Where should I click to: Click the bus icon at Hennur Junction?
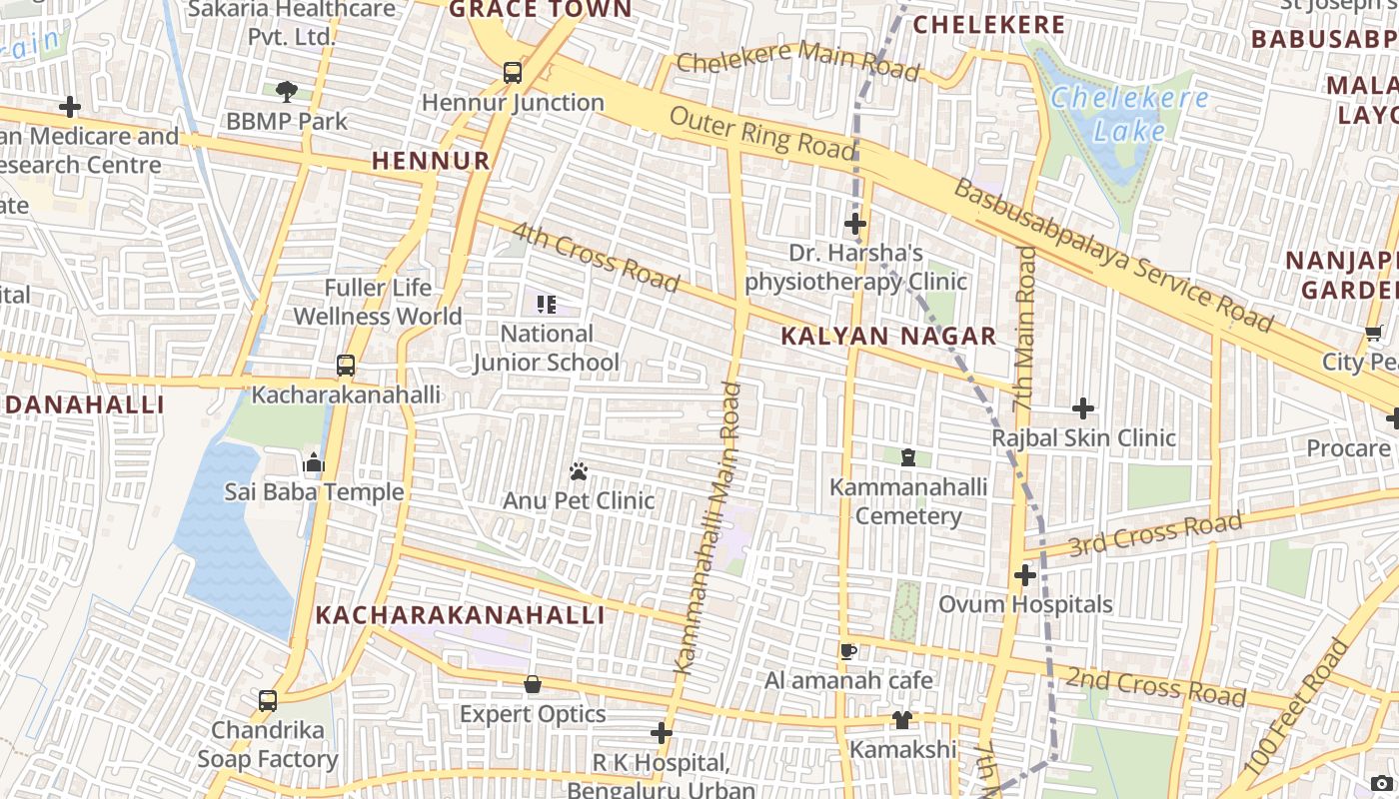[513, 72]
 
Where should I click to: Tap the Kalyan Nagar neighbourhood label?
[888, 337]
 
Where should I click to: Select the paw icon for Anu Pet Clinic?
[579, 470]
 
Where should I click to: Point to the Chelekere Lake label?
[1129, 114]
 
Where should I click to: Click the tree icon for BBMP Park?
[287, 92]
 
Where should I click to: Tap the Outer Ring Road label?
[762, 133]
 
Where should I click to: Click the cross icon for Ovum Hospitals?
[1025, 575]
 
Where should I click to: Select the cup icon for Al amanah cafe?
[848, 651]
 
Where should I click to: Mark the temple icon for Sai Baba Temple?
[314, 462]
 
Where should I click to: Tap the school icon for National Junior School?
[547, 304]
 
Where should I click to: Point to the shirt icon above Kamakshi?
[902, 720]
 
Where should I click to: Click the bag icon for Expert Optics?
[533, 684]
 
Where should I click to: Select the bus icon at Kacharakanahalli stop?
[346, 366]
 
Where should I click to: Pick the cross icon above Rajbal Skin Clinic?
[1083, 408]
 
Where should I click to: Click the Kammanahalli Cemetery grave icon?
[908, 457]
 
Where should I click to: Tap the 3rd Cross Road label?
[1155, 535]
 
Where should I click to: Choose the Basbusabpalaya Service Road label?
[1113, 256]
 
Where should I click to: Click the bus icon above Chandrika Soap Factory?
[268, 700]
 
